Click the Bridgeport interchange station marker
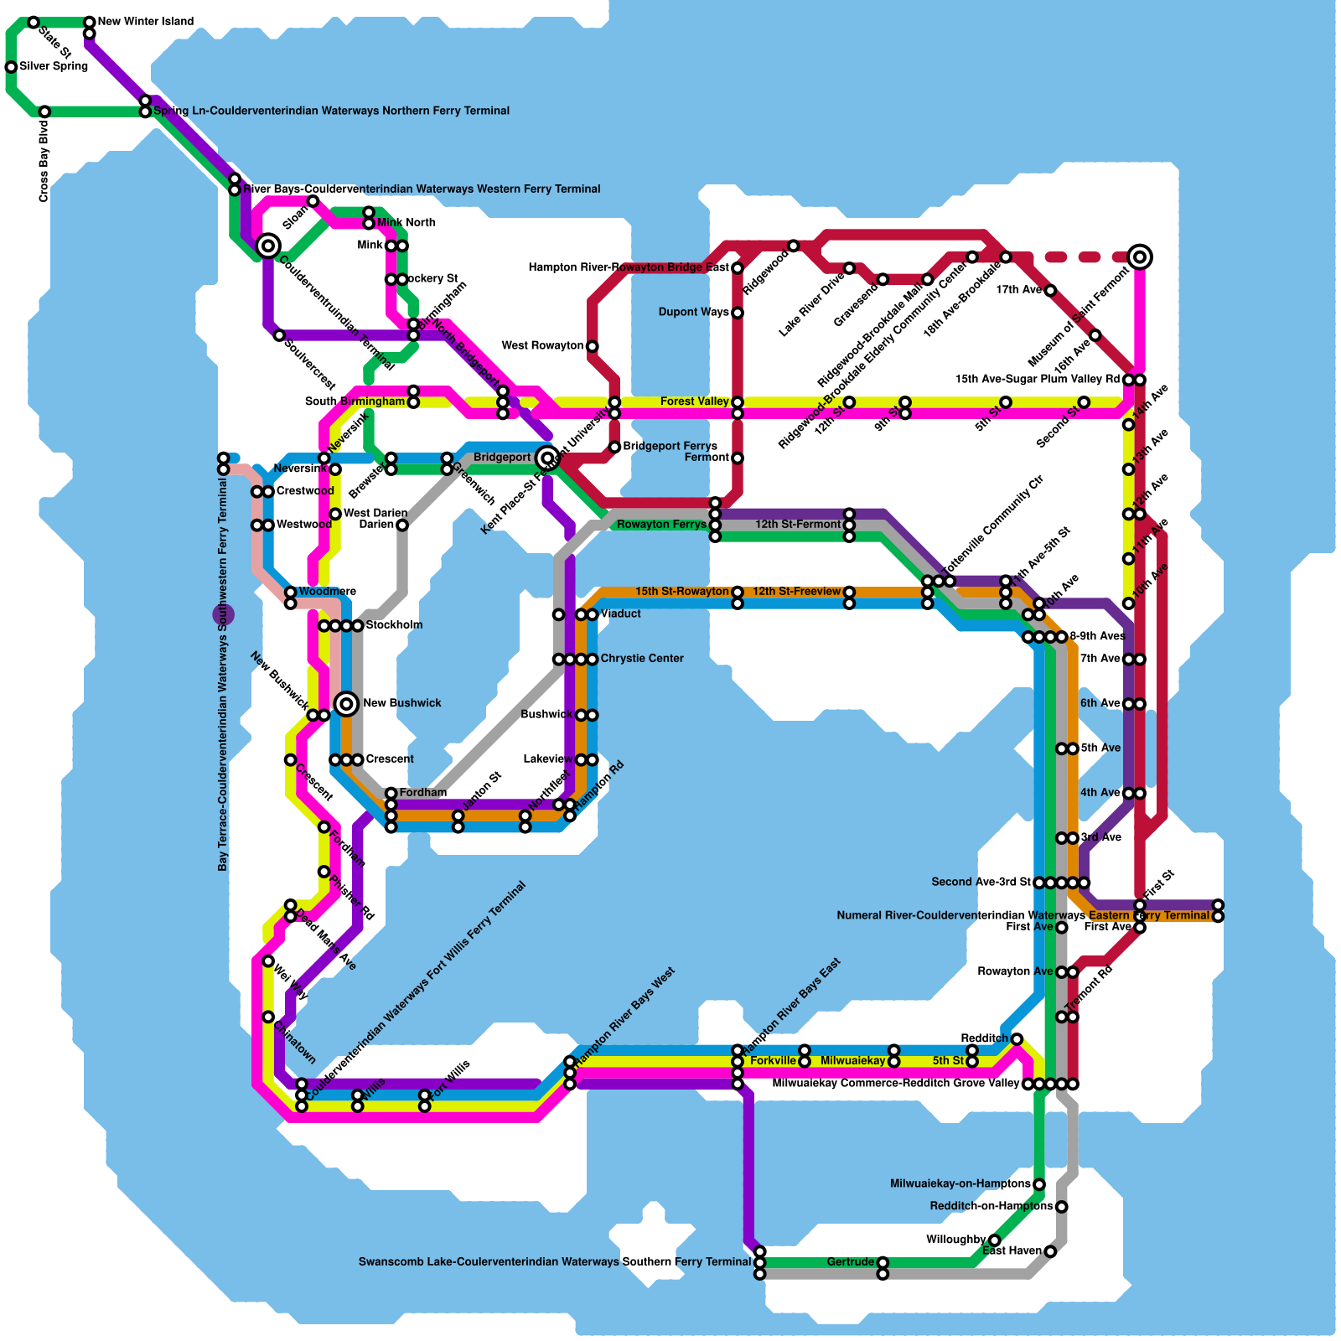(547, 458)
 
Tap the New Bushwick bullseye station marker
(347, 703)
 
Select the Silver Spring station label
(54, 66)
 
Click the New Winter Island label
(146, 21)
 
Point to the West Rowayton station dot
(593, 346)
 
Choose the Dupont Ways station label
(693, 312)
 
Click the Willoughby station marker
(994, 1240)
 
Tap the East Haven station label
(1012, 1250)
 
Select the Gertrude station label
(850, 1261)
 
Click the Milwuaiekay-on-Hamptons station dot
(1039, 1184)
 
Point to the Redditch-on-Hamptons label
(991, 1206)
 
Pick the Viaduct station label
(620, 614)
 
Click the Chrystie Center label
(642, 658)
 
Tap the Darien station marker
(402, 525)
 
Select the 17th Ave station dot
(1050, 290)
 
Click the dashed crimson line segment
(1081, 257)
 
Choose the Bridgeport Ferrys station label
(670, 446)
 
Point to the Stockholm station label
(394, 624)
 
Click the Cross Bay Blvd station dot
(44, 111)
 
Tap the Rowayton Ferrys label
(661, 525)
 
